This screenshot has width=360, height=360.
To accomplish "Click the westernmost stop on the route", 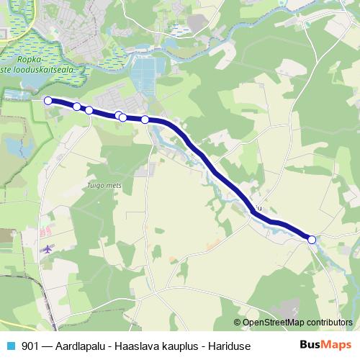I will (x=48, y=101).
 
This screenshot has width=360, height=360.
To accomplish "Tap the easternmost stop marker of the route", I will (x=312, y=240).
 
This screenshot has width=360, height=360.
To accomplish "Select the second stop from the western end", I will (x=77, y=107).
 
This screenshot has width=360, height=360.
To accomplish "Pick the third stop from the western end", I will (x=89, y=110).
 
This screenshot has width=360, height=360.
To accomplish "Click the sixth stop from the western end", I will (x=145, y=120).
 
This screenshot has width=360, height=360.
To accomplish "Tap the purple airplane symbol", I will (x=48, y=249).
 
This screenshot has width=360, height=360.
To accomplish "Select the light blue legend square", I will (x=11, y=344).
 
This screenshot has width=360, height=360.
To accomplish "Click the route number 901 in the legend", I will (x=31, y=344).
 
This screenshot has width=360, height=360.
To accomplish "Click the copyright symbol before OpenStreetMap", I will (x=237, y=323).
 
